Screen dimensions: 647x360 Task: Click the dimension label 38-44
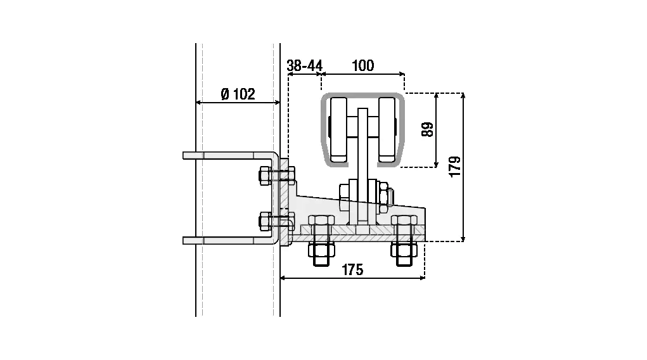(x=305, y=65)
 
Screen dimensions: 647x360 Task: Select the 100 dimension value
(x=362, y=65)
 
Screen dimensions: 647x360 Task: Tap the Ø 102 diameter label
(x=238, y=94)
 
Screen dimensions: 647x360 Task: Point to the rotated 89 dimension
(x=428, y=129)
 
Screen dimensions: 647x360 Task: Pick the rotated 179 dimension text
(x=455, y=167)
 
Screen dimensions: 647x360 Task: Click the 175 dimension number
(x=352, y=270)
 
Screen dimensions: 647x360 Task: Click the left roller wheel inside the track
(x=338, y=129)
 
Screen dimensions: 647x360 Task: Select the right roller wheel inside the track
(x=387, y=129)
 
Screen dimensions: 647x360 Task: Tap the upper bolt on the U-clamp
(x=276, y=176)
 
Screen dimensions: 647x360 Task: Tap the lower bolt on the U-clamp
(x=276, y=222)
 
